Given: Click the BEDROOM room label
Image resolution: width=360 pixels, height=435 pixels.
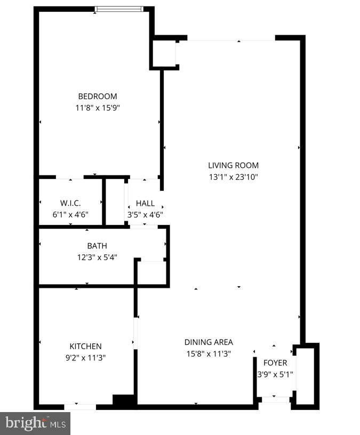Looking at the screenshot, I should tap(98, 96).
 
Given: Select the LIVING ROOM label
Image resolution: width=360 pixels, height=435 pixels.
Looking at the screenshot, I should tap(233, 166).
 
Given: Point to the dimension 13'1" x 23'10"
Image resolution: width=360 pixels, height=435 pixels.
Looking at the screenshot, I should tap(233, 177).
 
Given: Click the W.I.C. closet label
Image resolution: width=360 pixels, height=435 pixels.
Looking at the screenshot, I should tap(70, 203).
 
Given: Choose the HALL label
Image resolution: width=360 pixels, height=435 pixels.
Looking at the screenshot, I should tap(145, 204).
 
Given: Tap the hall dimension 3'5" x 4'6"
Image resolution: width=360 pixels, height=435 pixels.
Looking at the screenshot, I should tap(145, 215).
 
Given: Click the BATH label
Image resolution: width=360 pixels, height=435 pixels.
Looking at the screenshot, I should tap(97, 246).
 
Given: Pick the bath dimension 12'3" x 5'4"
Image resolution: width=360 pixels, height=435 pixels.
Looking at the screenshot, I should tap(97, 257).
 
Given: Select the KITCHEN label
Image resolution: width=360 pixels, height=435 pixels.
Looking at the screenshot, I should tap(85, 347).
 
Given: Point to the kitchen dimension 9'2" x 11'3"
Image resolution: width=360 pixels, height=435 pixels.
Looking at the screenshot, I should tap(85, 358).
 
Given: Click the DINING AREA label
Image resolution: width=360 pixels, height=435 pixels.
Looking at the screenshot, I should tap(209, 342).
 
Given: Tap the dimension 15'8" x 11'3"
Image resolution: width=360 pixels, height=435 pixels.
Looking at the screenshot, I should tap(209, 353).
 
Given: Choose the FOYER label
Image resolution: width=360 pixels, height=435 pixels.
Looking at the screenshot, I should tap(275, 363).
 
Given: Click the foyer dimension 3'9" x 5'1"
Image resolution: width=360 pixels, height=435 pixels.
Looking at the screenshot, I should tap(275, 374).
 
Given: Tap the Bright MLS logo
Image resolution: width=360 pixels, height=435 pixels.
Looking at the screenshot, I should tap(35, 423).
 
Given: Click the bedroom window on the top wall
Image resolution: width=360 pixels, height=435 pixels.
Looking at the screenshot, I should tap(119, 9).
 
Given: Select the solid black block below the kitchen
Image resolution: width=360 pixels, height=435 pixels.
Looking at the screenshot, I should tap(124, 401).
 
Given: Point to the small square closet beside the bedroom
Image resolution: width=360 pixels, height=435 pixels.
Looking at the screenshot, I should tap(164, 53).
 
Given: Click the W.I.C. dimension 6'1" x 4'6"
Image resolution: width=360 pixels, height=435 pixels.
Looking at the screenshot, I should tap(70, 214).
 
